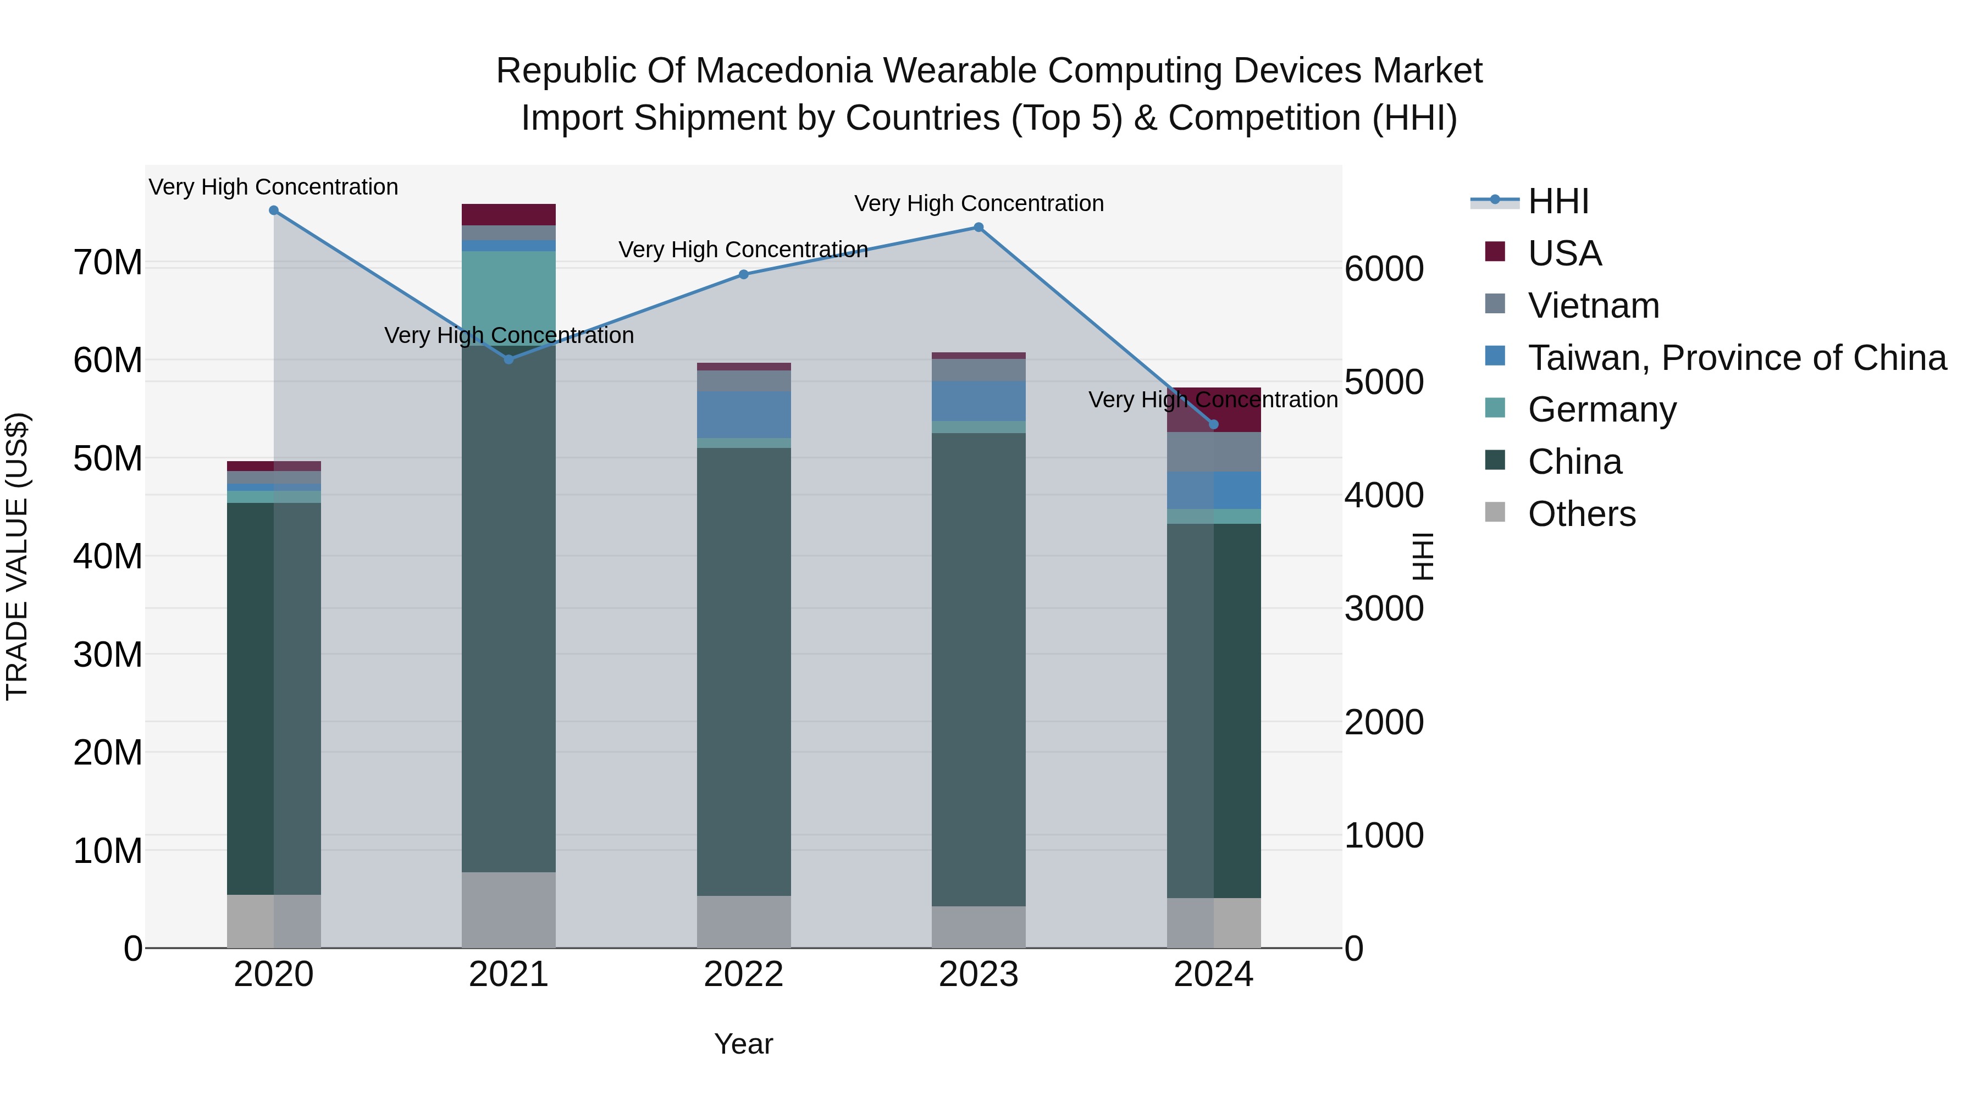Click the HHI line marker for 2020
coord(274,211)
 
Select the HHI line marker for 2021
coord(508,359)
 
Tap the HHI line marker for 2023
coord(979,228)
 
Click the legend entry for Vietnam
coord(1593,306)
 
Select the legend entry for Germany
coord(1602,409)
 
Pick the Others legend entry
coord(1582,514)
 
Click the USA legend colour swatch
coord(1495,252)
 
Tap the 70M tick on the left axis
coord(108,263)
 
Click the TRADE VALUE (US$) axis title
coord(17,556)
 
